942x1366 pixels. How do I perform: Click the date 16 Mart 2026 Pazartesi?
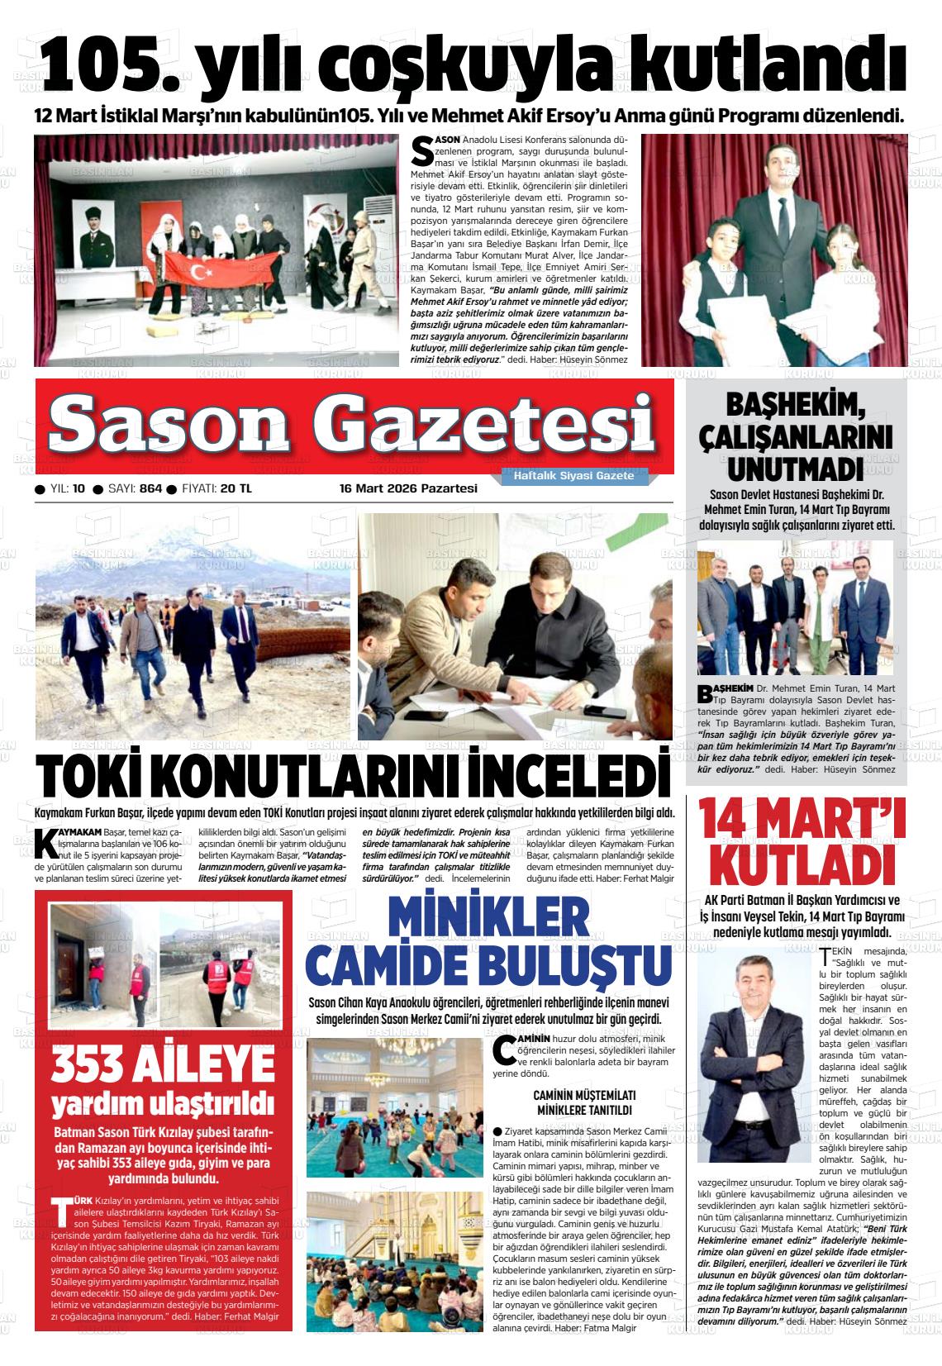408,488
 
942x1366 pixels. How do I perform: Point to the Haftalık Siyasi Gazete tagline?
573,476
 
